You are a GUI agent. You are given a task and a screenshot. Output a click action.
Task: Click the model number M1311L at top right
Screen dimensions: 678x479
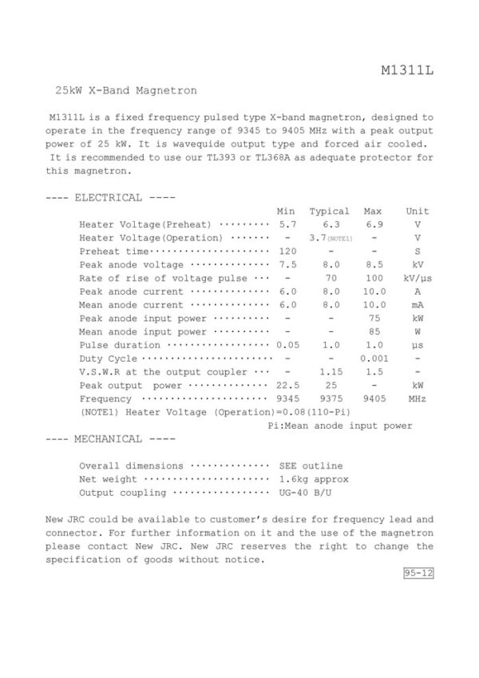[x=407, y=73]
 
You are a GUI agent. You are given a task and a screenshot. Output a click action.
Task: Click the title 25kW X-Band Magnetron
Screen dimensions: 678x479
[x=125, y=91]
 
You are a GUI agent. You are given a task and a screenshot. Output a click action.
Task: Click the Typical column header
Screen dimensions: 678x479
[x=330, y=212]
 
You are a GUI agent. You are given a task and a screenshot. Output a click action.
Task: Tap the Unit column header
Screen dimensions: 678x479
[x=417, y=212]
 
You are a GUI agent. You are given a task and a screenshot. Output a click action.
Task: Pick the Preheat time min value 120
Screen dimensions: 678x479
[x=286, y=251]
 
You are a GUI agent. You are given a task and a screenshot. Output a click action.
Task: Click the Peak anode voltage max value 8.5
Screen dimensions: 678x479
[x=372, y=264]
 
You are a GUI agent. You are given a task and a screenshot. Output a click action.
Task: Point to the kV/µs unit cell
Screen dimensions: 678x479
[x=417, y=278]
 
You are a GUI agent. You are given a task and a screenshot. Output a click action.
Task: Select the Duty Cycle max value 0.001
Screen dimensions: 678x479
[x=372, y=359]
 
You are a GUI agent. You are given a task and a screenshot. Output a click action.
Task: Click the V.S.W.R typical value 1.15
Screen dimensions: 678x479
[x=330, y=372]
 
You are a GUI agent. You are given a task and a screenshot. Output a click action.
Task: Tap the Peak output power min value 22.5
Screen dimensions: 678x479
[x=286, y=386]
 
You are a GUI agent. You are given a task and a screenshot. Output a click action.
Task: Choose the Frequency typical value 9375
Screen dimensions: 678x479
[x=330, y=399]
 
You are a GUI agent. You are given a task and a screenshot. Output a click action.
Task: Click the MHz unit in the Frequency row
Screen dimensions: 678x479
[x=417, y=399]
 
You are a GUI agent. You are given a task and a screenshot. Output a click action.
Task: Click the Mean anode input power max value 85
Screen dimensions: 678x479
[x=372, y=331]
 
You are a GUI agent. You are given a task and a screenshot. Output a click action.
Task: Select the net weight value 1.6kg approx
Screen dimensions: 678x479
[x=314, y=479]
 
